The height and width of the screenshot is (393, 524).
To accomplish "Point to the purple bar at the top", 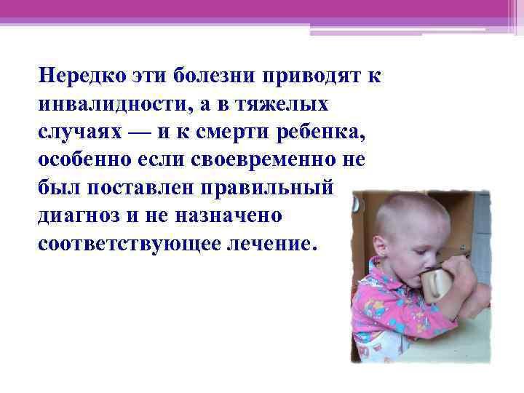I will [x=262, y=9].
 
